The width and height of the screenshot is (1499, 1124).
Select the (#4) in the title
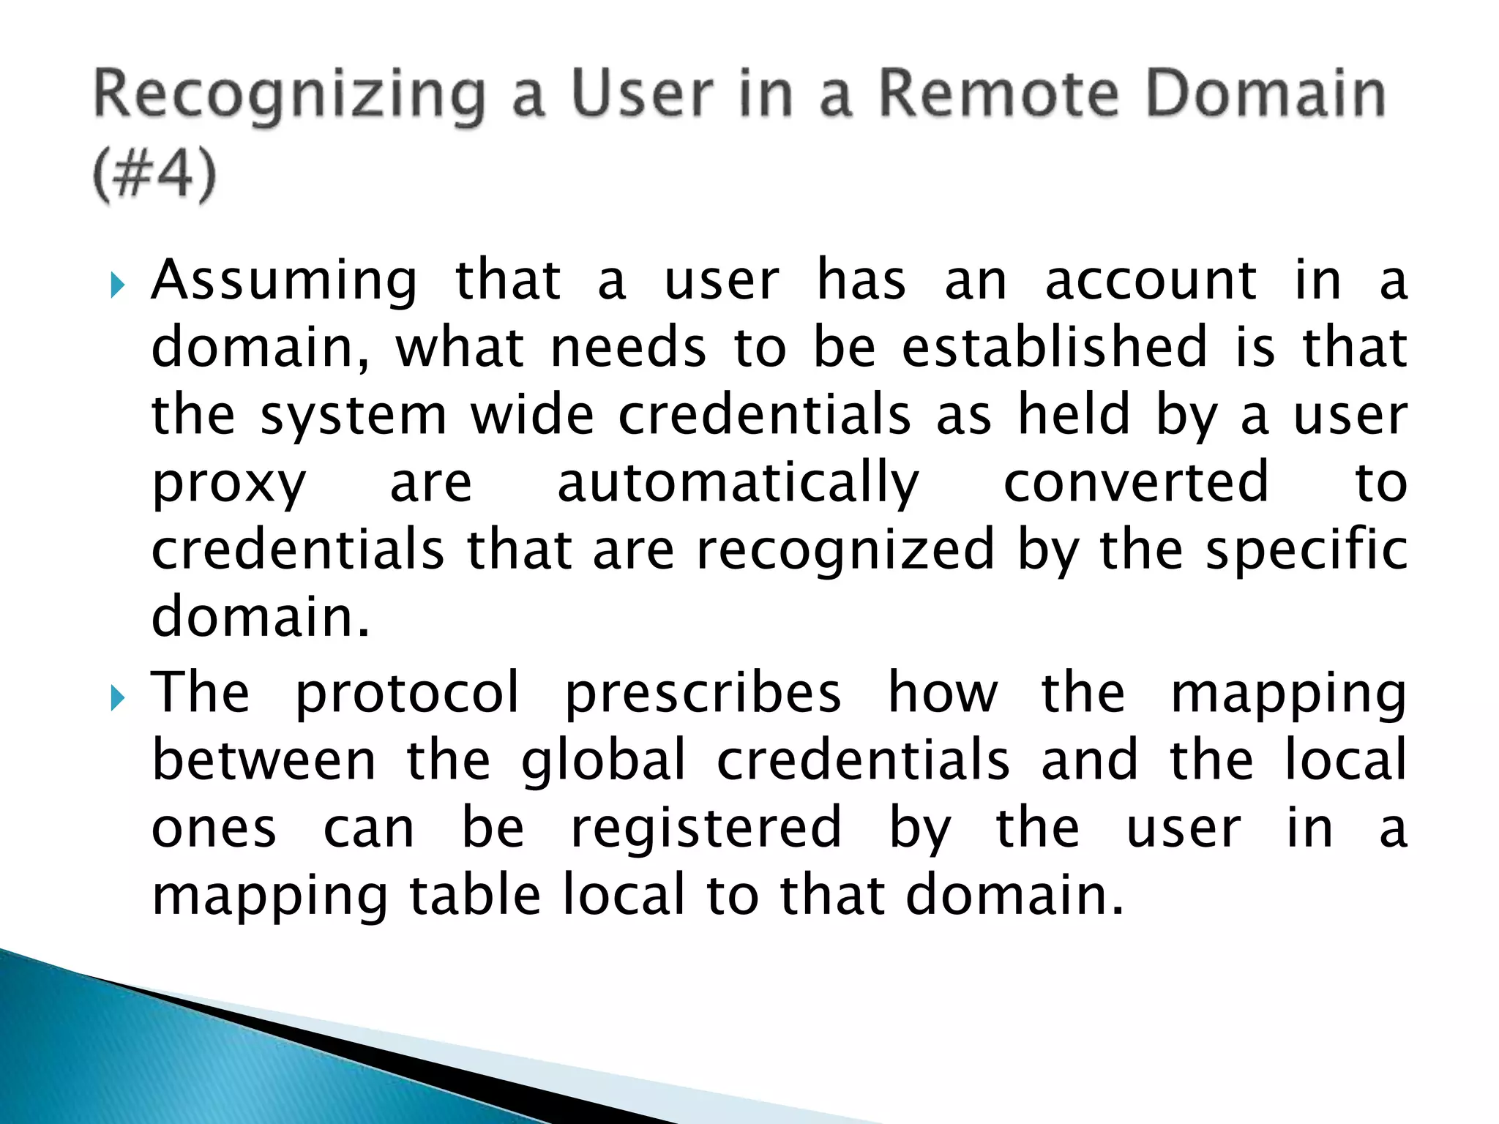tap(155, 176)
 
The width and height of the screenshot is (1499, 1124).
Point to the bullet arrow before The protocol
tap(118, 698)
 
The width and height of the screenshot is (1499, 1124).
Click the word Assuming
tap(284, 282)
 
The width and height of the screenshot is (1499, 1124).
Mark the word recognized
tap(845, 550)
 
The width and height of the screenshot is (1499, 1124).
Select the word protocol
tap(407, 694)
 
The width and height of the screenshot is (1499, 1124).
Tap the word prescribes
tap(703, 694)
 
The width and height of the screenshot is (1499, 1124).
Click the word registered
tap(706, 828)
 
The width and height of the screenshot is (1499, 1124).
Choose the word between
tap(264, 760)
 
